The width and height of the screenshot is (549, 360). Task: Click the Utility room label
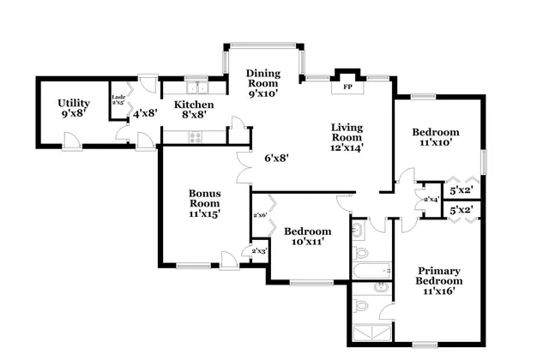point(73,108)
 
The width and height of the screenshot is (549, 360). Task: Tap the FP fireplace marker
point(347,87)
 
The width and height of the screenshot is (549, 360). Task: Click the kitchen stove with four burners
point(196,135)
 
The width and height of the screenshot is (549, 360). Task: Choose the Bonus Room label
point(204,204)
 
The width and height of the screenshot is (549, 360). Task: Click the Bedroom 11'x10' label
point(436,138)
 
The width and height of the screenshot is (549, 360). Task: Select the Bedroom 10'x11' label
point(307,237)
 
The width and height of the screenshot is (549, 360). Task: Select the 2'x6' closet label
point(260,215)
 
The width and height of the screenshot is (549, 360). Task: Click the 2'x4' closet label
point(431,199)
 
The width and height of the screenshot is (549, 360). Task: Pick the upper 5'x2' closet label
point(462,190)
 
